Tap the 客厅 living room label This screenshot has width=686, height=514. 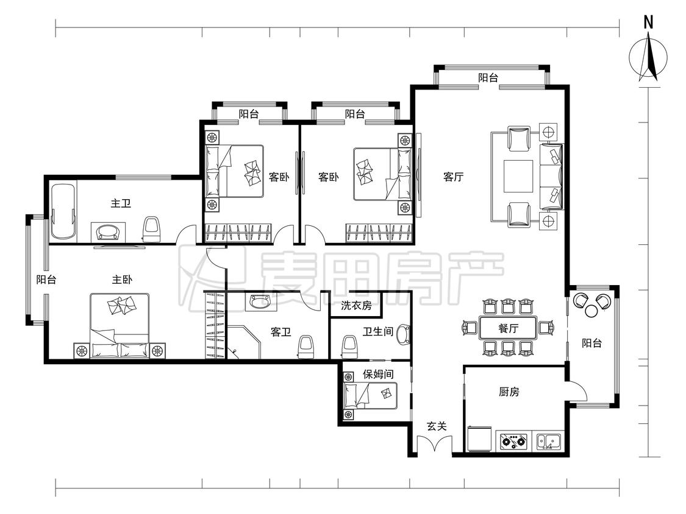tap(453, 177)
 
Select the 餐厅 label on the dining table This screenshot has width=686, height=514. tap(509, 328)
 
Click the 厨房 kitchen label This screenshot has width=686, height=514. tap(509, 392)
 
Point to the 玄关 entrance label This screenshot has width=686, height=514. tap(436, 426)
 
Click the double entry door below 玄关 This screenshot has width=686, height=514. tap(434, 445)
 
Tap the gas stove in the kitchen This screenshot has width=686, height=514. tap(513, 440)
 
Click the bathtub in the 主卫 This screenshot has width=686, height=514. tap(63, 212)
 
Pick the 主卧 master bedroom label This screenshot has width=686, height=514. tap(122, 280)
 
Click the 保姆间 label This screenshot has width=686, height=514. tap(378, 374)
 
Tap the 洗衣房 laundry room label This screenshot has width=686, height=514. tap(356, 306)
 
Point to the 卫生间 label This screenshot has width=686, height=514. tap(377, 332)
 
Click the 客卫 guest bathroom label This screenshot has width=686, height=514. tap(281, 332)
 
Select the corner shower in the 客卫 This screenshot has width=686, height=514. tap(243, 342)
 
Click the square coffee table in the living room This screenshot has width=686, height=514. tap(518, 177)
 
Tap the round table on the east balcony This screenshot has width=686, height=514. tap(591, 311)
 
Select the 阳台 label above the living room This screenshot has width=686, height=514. tap(488, 78)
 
